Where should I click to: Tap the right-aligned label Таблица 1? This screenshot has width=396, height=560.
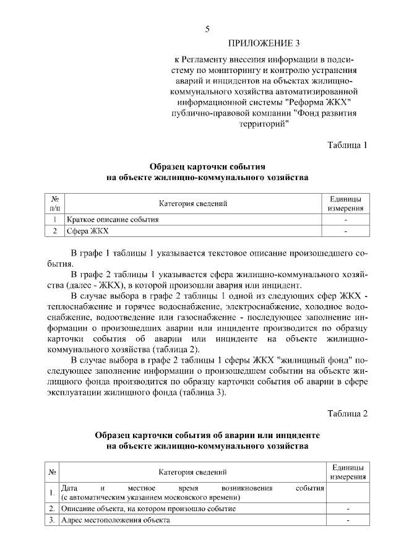click(x=348, y=145)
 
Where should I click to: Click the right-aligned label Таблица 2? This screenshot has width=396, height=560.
click(x=348, y=413)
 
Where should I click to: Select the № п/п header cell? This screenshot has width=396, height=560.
click(x=55, y=204)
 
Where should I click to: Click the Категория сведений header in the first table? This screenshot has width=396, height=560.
click(x=193, y=204)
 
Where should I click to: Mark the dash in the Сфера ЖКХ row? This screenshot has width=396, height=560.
click(x=346, y=231)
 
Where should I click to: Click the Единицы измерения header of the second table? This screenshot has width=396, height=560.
click(x=347, y=473)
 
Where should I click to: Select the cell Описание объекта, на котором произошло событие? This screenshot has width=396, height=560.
click(x=148, y=508)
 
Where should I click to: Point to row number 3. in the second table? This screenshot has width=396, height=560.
click(x=52, y=520)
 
